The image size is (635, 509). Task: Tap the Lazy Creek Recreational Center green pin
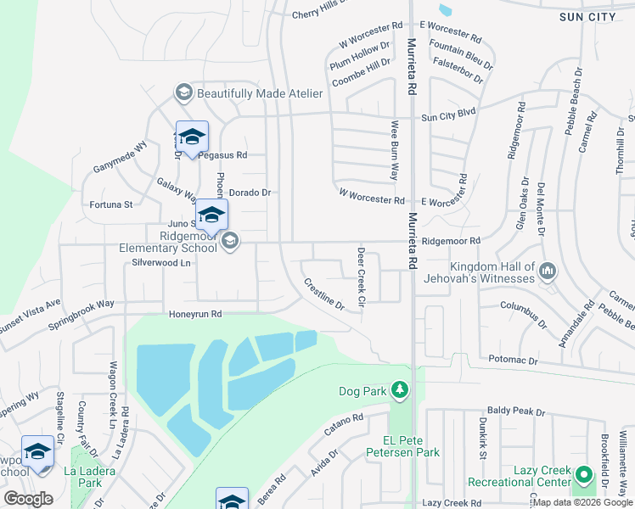pos(582,475)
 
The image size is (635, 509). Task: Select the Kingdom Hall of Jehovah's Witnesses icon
pos(548,271)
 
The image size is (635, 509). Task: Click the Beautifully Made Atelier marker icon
pos(183,92)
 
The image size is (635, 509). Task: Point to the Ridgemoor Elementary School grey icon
pos(229,243)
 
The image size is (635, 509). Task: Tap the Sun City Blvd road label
pos(449,116)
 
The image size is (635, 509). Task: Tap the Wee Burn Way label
pos(395,150)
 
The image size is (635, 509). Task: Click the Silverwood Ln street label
pos(161,263)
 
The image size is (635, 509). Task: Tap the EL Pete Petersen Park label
pos(411,446)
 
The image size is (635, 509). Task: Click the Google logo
pos(28,499)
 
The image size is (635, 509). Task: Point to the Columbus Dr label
pos(520,305)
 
